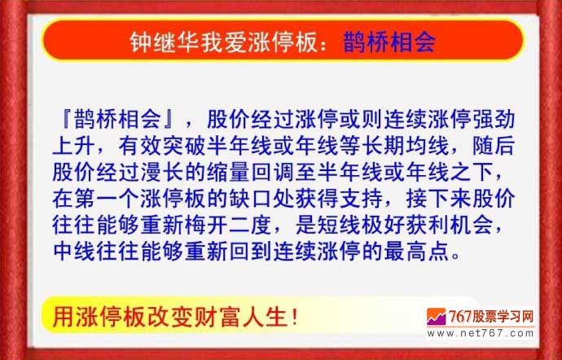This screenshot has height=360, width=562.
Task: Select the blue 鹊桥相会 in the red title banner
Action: (389, 42)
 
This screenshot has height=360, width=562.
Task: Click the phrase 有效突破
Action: (161, 146)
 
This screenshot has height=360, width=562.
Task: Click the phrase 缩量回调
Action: (249, 172)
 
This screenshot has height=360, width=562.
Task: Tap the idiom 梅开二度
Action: (227, 225)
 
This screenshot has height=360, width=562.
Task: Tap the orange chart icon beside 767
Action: (436, 317)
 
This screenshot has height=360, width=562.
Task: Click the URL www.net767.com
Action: (481, 334)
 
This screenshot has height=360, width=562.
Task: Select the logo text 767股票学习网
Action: (490, 317)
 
